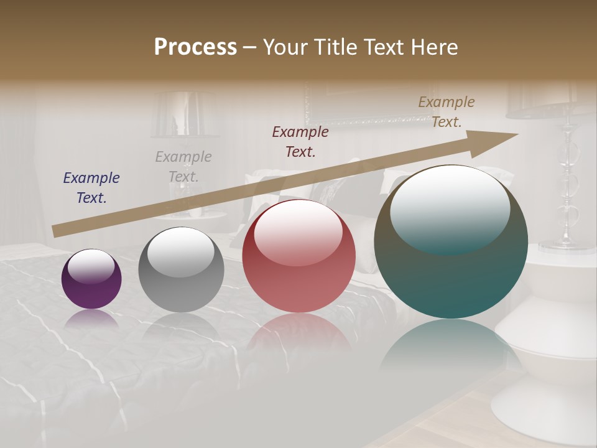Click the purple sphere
(91, 279)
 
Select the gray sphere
(181, 269)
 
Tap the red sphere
(298, 256)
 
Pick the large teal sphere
(451, 241)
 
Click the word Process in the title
(195, 47)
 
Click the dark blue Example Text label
(91, 187)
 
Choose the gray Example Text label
(183, 166)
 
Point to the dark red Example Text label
(300, 141)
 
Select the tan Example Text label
(447, 111)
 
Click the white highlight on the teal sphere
(450, 208)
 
